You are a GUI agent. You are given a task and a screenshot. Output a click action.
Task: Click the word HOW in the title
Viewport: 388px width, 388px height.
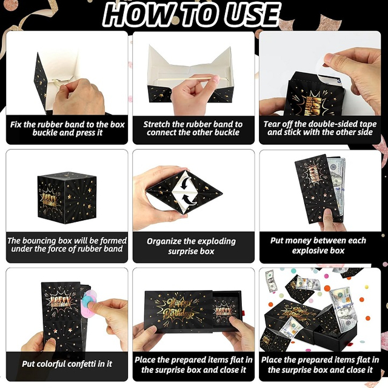click(x=140, y=15)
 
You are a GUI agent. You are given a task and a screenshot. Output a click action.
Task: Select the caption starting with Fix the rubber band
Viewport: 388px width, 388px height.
click(x=67, y=129)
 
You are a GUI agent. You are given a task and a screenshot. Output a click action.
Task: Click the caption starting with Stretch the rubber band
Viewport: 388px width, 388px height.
click(x=193, y=129)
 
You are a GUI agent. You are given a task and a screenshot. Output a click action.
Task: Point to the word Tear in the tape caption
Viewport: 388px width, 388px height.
click(x=275, y=124)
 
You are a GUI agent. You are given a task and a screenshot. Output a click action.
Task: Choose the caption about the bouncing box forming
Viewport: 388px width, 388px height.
click(x=65, y=245)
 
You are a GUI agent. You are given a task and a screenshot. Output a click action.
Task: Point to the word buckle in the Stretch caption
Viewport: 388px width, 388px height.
click(x=227, y=133)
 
